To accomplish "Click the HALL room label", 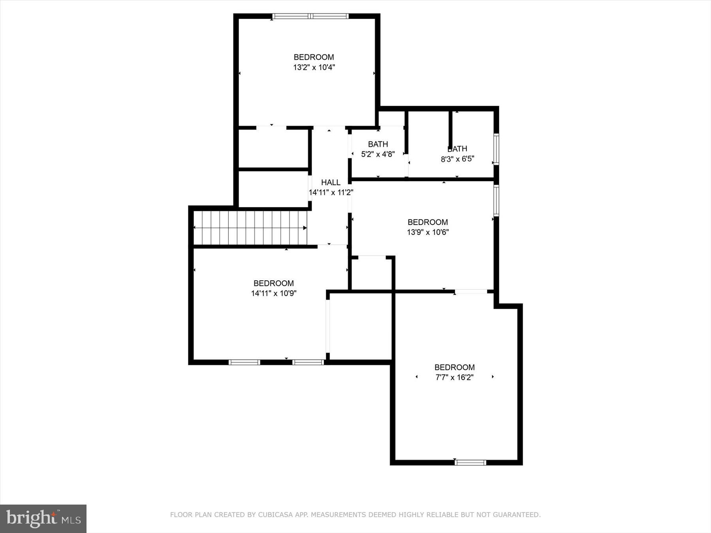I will pos(331,182).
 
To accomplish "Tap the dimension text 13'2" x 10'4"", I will pos(314,68).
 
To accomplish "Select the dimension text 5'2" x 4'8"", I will pos(378,154).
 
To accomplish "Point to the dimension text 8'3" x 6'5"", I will pos(457,160).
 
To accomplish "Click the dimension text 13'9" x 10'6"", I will pos(427,232).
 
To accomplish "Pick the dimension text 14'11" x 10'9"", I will pos(273,293).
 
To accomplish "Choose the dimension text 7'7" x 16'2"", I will pos(454,377).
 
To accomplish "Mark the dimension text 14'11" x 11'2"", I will pos(331,193).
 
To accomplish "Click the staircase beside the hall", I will pos(250,228).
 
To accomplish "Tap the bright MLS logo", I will pos(43,518).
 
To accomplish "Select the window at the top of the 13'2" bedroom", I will pos(310,16).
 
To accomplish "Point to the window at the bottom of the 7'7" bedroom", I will pos(470,462).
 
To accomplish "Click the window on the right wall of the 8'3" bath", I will pos(496,149).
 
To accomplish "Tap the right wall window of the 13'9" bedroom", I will pos(496,200).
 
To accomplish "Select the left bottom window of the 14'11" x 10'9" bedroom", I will pos(245,362).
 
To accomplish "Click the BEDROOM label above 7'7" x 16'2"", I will pos(454,367).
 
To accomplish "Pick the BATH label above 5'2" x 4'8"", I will pos(378,144).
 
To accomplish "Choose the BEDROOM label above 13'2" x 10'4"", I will pos(314,57).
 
